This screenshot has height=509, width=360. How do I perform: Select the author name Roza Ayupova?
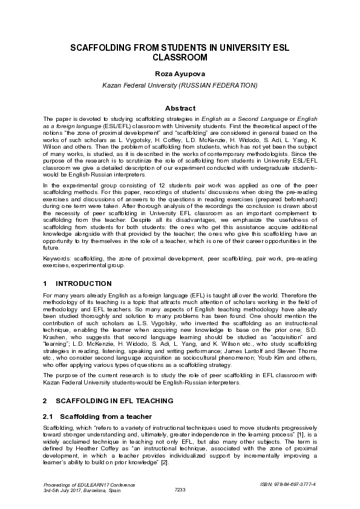click(180, 73)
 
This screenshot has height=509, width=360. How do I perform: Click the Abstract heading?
click(180, 108)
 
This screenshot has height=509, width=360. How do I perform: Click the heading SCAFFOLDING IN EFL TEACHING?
click(115, 401)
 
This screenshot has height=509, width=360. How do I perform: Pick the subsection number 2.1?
click(48, 417)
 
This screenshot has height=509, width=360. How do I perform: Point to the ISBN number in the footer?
click(290, 485)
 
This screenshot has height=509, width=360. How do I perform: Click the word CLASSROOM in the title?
click(180, 58)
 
